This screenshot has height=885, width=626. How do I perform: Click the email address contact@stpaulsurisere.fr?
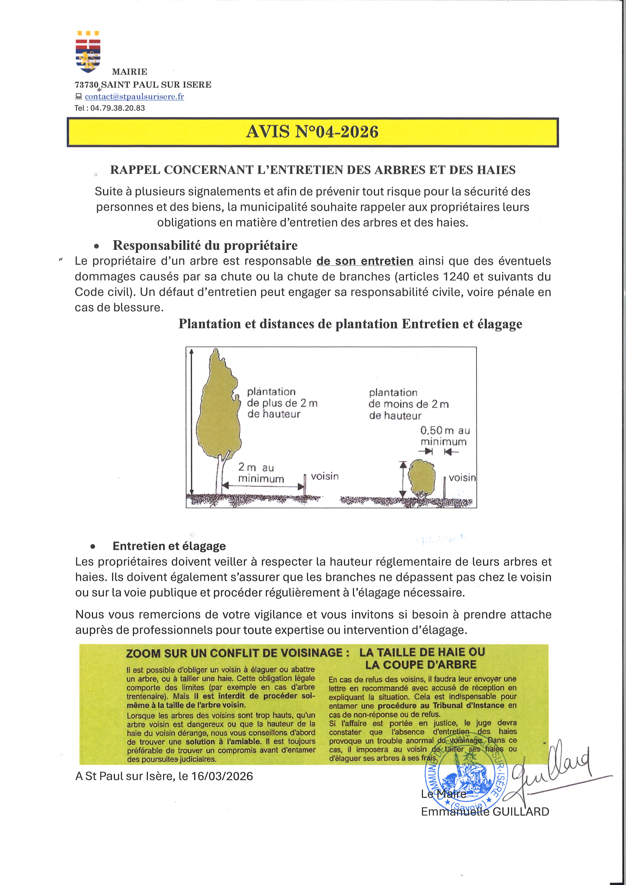click(134, 96)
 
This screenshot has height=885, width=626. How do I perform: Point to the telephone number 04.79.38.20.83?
click(118, 108)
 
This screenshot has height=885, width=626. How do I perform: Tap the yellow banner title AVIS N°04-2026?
click(312, 132)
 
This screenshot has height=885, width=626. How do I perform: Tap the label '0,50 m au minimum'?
click(445, 436)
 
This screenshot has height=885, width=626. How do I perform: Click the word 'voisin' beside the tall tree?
click(325, 476)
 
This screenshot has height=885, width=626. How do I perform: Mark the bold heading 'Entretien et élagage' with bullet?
click(169, 546)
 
